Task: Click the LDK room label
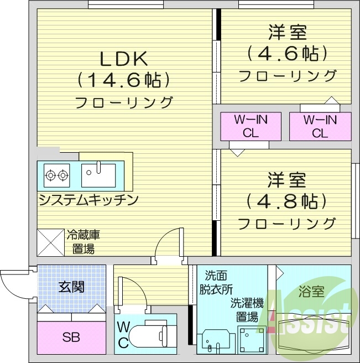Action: tap(123, 59)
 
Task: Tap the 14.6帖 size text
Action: tap(123, 81)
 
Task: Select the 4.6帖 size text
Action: tap(287, 54)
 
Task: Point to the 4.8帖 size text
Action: tap(287, 200)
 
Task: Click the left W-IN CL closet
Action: tap(251, 126)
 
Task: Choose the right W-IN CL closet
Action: tap(320, 126)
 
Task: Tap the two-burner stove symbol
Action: tap(57, 175)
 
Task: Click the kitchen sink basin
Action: tap(98, 175)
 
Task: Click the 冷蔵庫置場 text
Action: tap(83, 242)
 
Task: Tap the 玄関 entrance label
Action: tap(71, 287)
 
